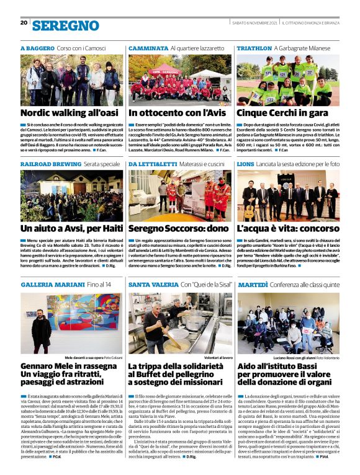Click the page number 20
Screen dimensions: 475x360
click(x=24, y=22)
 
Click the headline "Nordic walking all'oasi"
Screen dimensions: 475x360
click(x=69, y=113)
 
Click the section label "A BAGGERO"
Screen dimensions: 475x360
click(x=37, y=48)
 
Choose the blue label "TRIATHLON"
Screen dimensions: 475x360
click(x=254, y=48)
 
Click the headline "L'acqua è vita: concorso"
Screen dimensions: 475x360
click(x=287, y=228)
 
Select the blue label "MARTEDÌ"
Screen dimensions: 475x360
click(x=253, y=284)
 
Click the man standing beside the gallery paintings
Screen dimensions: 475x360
click(x=42, y=332)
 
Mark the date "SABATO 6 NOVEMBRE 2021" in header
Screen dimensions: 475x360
click(x=254, y=23)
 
